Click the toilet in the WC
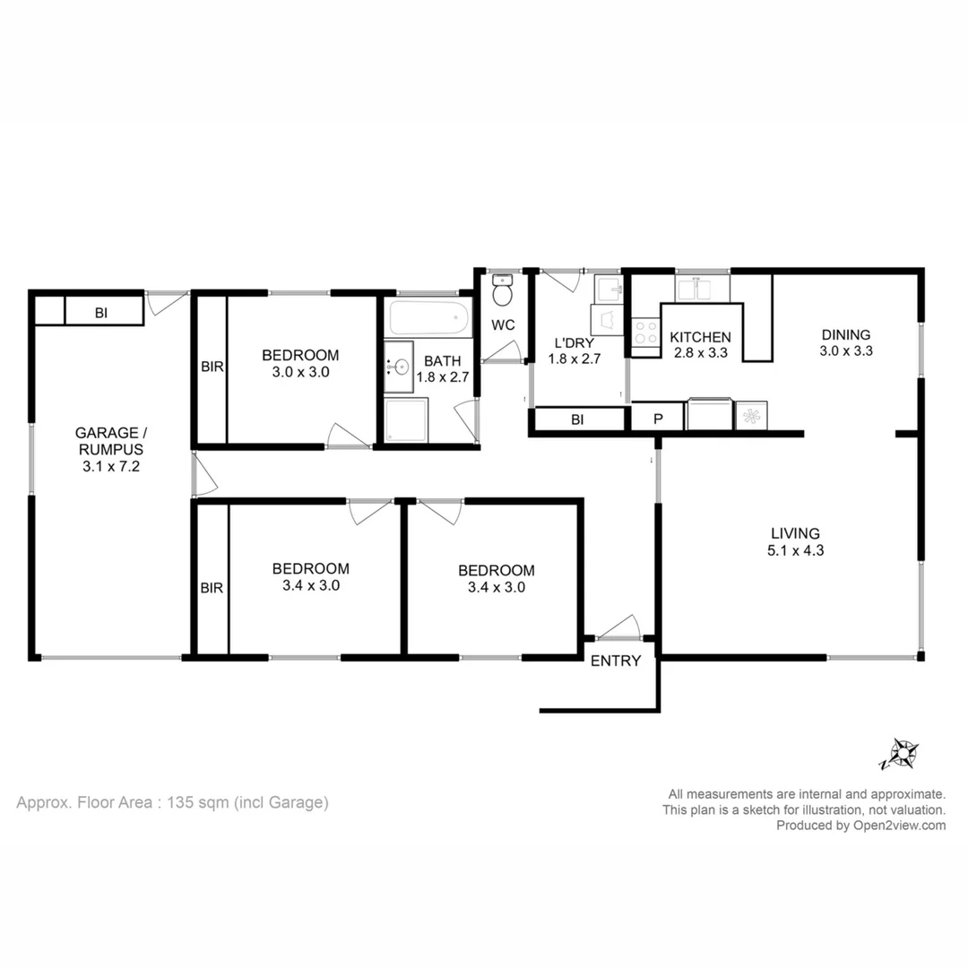[503, 293]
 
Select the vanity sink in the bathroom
[400, 366]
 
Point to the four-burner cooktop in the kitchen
[644, 333]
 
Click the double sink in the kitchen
[702, 289]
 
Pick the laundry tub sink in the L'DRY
[609, 289]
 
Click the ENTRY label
[616, 661]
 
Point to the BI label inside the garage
[101, 312]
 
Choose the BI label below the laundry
[578, 419]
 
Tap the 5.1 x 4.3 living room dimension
[795, 550]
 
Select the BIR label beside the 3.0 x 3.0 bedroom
[212, 367]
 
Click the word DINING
[845, 335]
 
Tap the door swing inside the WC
[502, 351]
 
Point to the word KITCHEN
[701, 337]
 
